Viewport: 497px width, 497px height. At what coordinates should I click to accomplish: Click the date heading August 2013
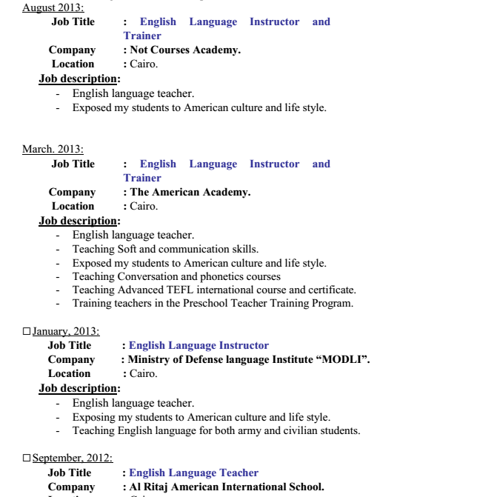tap(53, 7)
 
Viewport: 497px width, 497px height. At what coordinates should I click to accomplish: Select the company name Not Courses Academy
tap(185, 50)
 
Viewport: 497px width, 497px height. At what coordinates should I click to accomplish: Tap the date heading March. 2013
tap(53, 150)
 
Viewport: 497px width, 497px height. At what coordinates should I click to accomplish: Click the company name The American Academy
tap(190, 192)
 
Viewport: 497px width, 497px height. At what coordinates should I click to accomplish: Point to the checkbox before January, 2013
tap(27, 331)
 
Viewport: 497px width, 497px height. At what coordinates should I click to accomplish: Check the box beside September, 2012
tap(27, 458)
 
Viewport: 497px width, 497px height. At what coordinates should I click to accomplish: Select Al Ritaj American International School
tap(227, 487)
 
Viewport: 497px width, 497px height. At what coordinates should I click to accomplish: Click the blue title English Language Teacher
tap(194, 473)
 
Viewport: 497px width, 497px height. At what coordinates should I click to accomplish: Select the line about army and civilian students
tap(216, 430)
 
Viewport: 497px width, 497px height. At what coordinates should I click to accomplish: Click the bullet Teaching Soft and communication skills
tap(165, 249)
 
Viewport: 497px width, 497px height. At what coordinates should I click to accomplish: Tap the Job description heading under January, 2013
tap(79, 388)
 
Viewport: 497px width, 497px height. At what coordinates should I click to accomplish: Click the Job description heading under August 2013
tap(79, 79)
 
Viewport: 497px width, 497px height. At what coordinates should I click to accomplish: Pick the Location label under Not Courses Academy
tap(73, 64)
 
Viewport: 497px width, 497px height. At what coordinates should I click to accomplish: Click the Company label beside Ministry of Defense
tap(71, 359)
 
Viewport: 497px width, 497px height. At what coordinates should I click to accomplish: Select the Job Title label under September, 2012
tap(70, 473)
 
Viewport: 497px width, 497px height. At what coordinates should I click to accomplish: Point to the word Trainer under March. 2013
tap(142, 178)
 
